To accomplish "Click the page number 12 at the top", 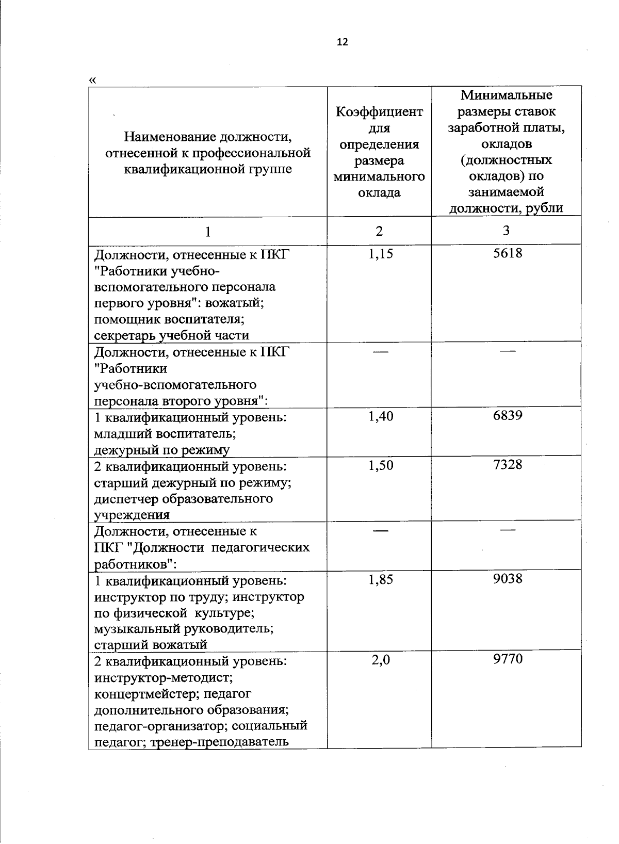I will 342,42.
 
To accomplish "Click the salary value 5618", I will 508,253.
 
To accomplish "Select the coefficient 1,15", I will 381,253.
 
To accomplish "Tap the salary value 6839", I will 508,415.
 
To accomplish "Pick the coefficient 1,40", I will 381,416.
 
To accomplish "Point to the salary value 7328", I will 508,464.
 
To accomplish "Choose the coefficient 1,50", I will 381,465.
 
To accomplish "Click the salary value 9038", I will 508,578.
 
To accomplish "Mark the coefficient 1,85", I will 381,579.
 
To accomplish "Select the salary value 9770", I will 508,659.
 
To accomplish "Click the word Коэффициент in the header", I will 379,112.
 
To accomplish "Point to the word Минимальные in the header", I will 506,95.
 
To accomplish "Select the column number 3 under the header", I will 506,231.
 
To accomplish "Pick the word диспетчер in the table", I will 126,499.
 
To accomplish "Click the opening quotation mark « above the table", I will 92,80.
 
